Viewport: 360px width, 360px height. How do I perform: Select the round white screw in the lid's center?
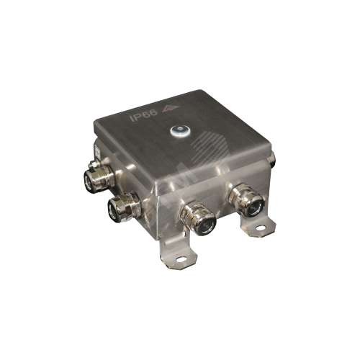click(x=178, y=131)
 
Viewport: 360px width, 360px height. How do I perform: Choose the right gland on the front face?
click(x=249, y=202)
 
